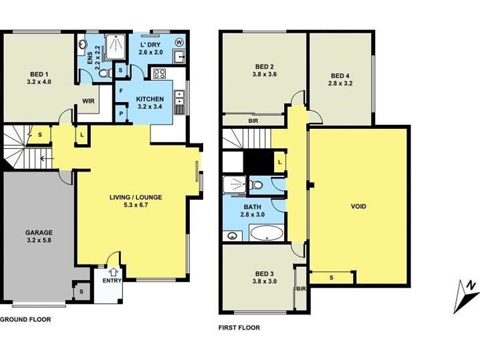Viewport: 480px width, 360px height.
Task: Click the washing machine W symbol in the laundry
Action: coord(179,41)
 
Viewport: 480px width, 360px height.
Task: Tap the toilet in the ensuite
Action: coord(104,73)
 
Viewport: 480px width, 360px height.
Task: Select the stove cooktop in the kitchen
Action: coord(160,73)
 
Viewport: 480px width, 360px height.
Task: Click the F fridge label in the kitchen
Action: coord(121,91)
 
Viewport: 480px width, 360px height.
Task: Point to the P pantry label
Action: coord(121,114)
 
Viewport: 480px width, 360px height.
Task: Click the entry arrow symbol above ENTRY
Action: coord(114,272)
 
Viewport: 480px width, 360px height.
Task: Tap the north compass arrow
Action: coord(466,296)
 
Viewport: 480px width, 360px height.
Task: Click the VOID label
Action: coord(358,206)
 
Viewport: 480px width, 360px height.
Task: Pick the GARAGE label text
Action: coord(39,232)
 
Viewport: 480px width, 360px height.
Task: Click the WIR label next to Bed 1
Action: coord(88,101)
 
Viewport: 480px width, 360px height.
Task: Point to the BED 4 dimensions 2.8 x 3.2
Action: coord(340,83)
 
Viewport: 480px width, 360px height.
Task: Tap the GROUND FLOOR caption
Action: coord(25,320)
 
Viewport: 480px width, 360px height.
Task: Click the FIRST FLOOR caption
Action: coord(239,328)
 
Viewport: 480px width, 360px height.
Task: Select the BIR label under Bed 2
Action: coord(253,121)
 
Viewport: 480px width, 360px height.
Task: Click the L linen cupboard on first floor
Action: coord(279,162)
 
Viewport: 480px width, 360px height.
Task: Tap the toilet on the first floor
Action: coord(256,185)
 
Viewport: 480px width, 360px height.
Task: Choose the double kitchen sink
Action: coord(179,98)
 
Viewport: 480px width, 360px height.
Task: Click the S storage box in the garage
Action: coord(82,292)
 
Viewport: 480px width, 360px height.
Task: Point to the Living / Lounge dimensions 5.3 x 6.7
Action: coord(136,205)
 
